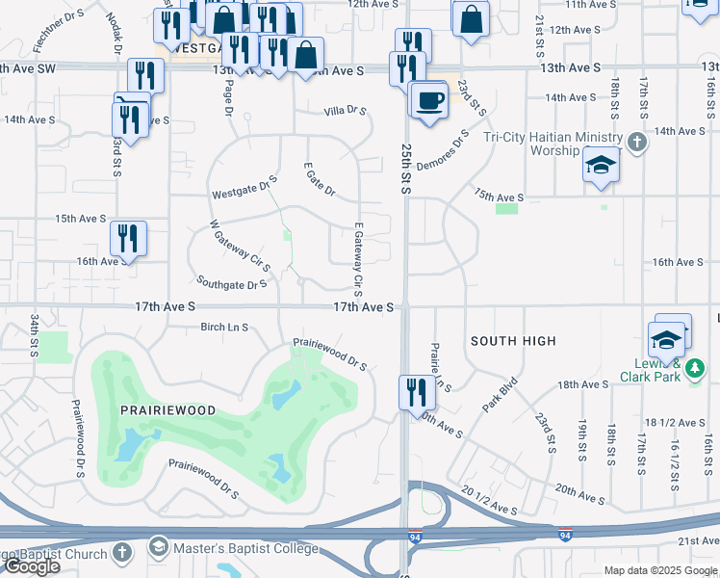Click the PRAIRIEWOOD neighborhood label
167,409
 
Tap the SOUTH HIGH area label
513,341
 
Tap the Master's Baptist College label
245,548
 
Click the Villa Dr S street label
346,112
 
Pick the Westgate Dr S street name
244,186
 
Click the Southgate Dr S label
231,284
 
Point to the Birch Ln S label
224,327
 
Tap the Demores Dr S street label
444,151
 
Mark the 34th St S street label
35,331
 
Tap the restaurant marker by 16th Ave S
127,239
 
